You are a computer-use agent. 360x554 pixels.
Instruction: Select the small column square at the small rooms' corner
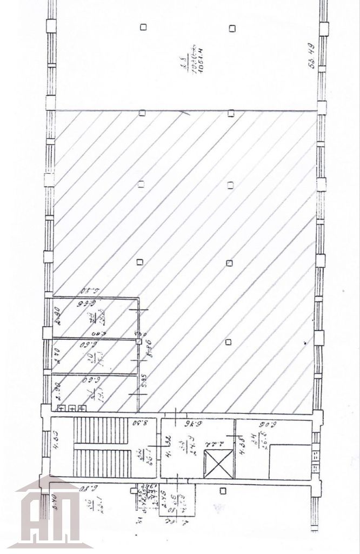click(x=139, y=341)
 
